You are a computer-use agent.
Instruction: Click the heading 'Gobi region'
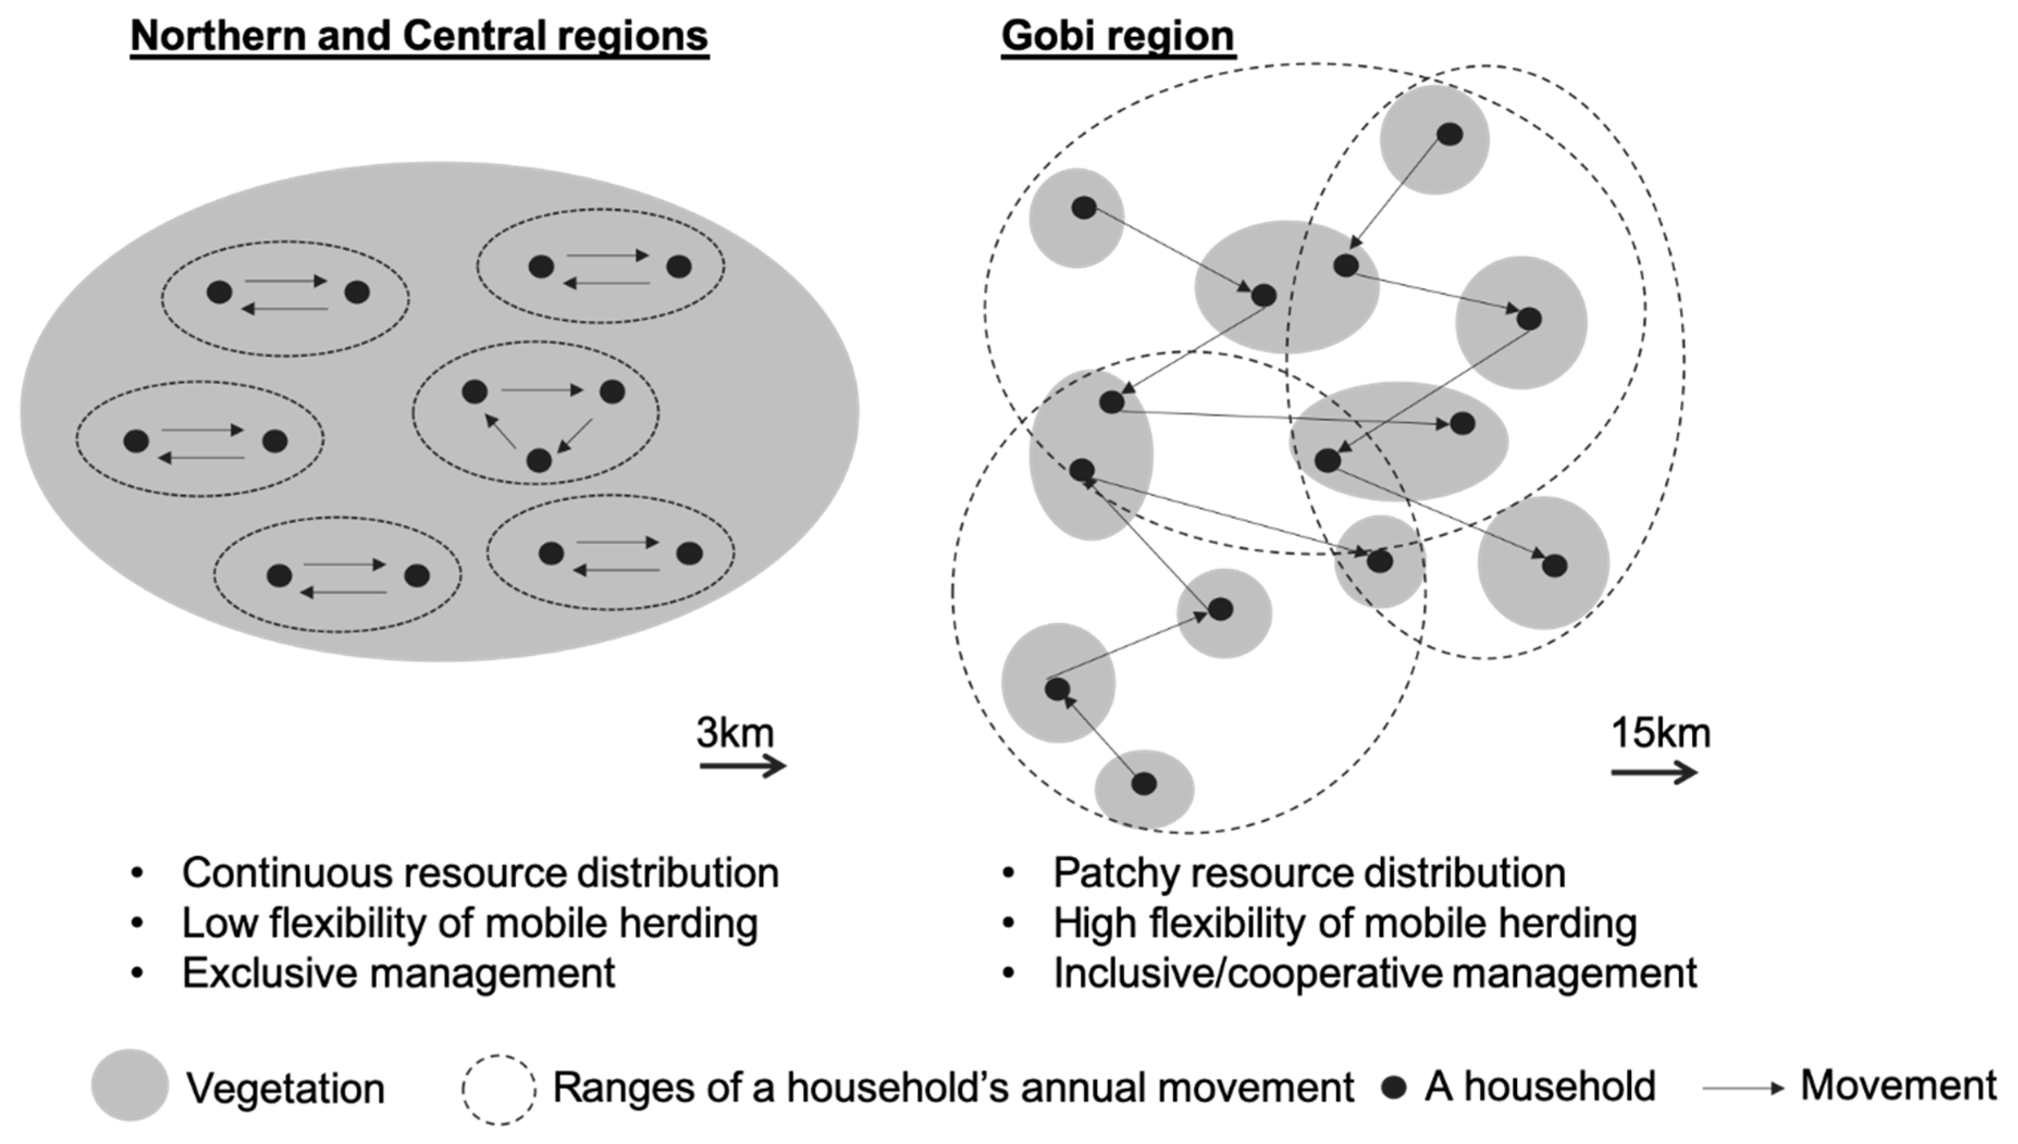coord(1117,36)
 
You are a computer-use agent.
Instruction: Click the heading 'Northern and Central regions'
coord(419,36)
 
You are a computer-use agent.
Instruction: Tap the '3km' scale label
coord(735,732)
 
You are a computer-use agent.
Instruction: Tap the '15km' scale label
coord(1661,732)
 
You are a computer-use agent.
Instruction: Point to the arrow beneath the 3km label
coord(742,765)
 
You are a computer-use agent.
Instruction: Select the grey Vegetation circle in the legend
coord(129,1085)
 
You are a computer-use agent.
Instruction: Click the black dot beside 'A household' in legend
coord(1393,1087)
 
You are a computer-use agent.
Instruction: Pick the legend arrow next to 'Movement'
coord(1743,1088)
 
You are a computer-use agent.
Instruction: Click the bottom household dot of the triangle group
coord(538,459)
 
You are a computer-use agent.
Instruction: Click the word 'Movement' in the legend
coord(1898,1085)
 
